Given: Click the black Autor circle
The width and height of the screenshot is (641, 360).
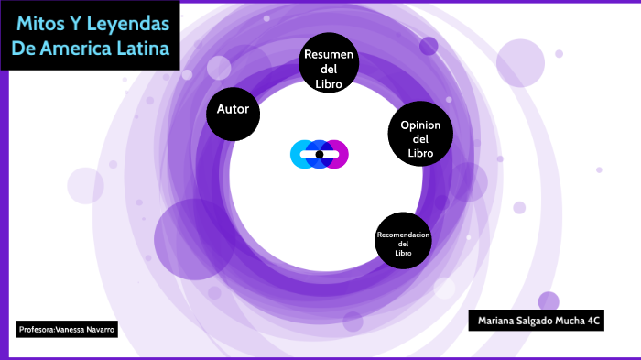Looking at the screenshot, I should tap(234, 114).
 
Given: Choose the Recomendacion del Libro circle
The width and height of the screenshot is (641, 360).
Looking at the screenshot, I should tap(403, 242).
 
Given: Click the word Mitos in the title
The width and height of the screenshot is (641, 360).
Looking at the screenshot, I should tap(41, 22).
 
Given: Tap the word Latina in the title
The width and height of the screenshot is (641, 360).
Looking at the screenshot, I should tap(151, 49).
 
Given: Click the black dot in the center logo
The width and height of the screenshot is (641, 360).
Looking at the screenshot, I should tap(320, 154).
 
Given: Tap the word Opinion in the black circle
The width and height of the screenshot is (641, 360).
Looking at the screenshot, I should tap(420, 125).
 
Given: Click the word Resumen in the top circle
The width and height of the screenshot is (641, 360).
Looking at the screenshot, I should tap(328, 54).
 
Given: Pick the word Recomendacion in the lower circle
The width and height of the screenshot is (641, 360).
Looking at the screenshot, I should tap(403, 235).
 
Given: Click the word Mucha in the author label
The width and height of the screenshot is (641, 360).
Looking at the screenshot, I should tap(574, 321).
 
